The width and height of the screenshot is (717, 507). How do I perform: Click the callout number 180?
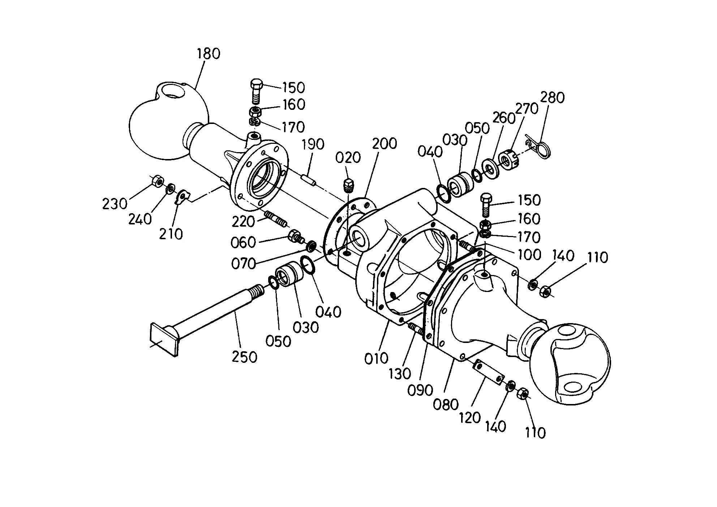point(209,54)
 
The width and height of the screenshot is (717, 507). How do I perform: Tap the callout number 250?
point(245,357)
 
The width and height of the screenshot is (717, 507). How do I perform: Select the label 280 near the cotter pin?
point(553,98)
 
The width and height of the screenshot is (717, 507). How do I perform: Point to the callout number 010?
point(376,358)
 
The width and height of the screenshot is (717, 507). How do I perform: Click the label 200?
point(385,144)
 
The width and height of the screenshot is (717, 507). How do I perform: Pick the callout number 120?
point(470,418)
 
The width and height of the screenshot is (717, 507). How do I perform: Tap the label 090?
point(420,390)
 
